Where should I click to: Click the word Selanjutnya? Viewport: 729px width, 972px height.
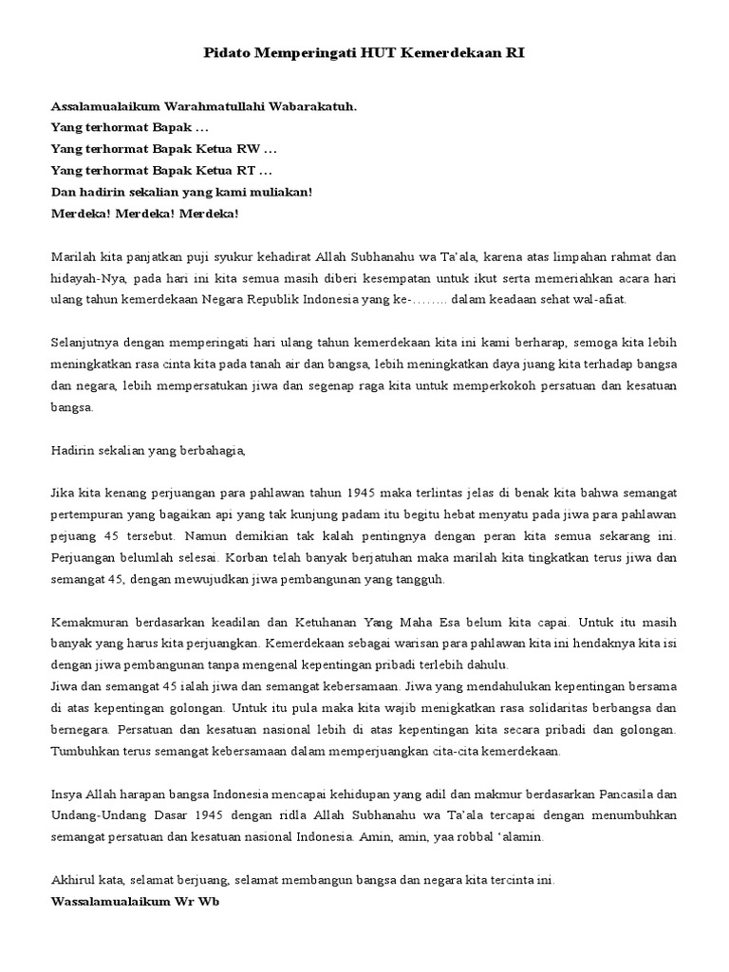click(83, 342)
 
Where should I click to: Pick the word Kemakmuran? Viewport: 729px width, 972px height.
click(92, 623)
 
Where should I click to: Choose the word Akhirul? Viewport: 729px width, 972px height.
click(72, 880)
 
